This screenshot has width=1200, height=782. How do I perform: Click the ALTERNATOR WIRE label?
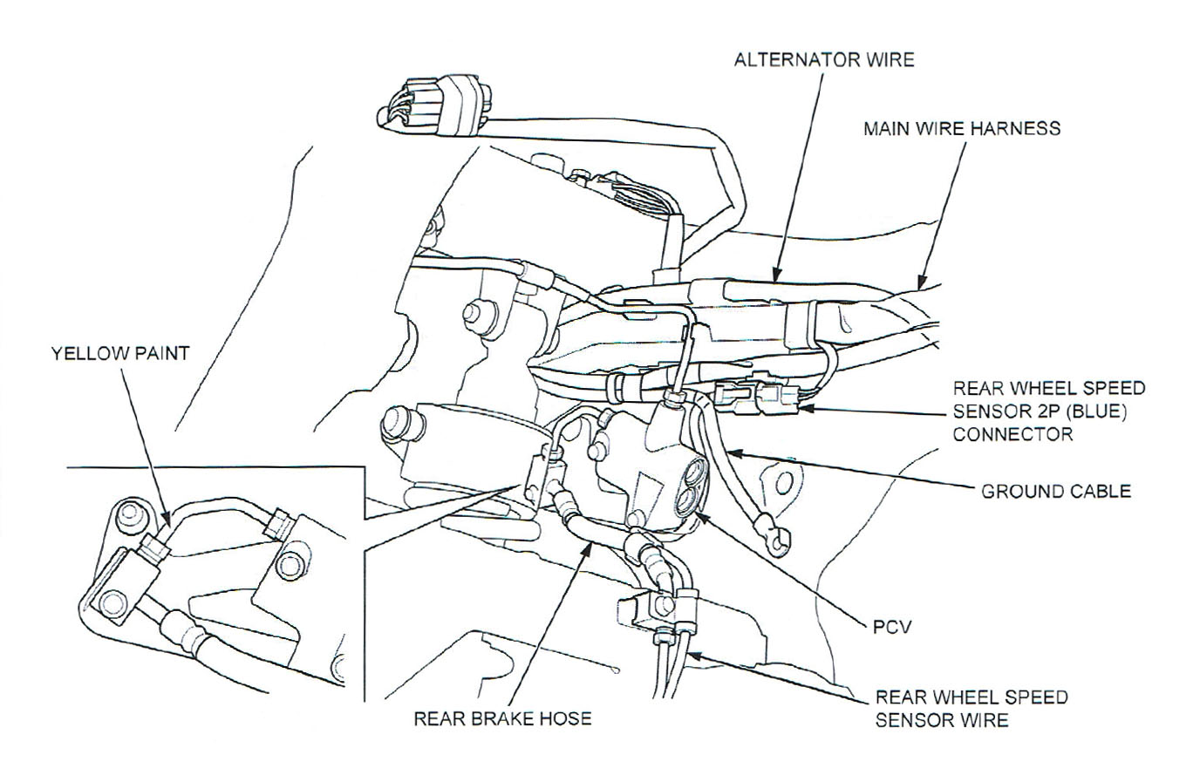click(x=823, y=59)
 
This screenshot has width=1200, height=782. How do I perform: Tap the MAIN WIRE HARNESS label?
click(x=961, y=128)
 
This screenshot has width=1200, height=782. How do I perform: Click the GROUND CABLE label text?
click(x=1055, y=491)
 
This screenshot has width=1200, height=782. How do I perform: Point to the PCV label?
click(x=891, y=627)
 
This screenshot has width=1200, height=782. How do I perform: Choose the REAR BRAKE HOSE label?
click(x=502, y=718)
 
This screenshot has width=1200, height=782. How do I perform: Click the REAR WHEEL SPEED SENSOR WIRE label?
click(x=971, y=709)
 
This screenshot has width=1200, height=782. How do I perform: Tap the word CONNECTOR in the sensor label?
click(x=1012, y=433)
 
